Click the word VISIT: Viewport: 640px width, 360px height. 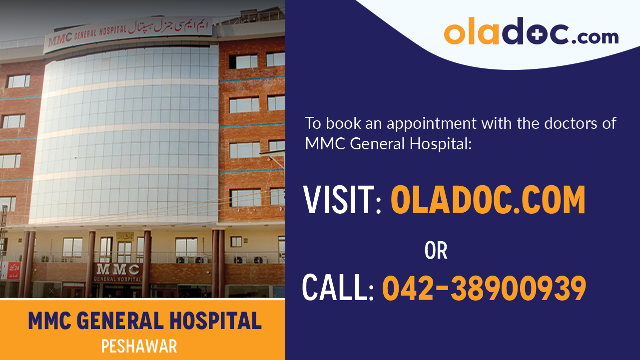(x=343, y=199)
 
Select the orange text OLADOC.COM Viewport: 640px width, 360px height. (x=488, y=199)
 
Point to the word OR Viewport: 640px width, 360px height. (x=436, y=251)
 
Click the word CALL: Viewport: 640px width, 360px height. (x=338, y=288)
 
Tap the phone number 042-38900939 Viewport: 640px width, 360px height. (x=484, y=288)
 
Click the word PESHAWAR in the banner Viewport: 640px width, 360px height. (x=139, y=346)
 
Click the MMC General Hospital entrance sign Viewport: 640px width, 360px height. (x=118, y=273)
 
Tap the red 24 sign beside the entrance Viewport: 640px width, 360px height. (x=14, y=270)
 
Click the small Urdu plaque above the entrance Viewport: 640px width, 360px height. (x=124, y=236)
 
